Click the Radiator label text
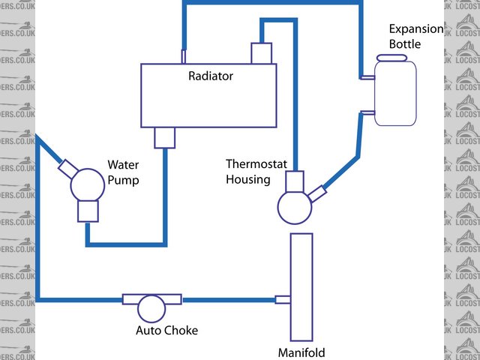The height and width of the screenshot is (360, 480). [211, 76]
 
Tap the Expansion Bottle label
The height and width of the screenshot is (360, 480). [405, 37]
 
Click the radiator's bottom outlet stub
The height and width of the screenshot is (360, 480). [164, 137]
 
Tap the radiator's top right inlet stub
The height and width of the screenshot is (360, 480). [260, 53]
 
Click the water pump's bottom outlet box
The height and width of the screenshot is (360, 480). [88, 211]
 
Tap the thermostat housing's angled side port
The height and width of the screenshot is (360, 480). [316, 193]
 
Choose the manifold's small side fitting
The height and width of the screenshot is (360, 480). [283, 300]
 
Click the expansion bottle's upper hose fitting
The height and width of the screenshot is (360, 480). [368, 76]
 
